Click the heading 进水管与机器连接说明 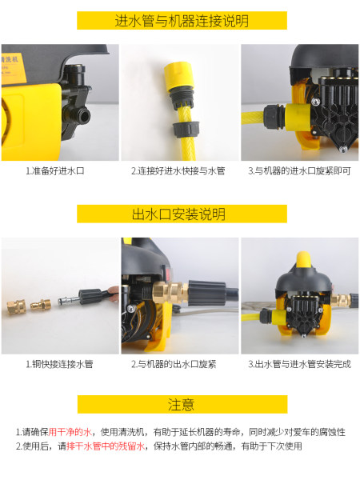tap(182, 21)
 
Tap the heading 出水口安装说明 tap(178, 214)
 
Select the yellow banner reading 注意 tap(182, 404)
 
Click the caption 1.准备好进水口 tap(54, 171)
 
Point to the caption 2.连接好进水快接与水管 tap(178, 171)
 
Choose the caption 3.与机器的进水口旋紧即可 tap(299, 171)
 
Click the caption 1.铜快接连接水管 tap(59, 364)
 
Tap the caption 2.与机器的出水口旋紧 tap(174, 364)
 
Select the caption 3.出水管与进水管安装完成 tap(299, 364)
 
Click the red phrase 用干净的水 tap(70, 432)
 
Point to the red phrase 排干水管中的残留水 tap(106, 446)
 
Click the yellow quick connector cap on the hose tap(178, 74)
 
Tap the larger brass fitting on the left tap(17, 306)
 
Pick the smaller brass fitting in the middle tap(41, 304)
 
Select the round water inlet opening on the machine tap(82, 114)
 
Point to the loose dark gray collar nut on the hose tap(186, 129)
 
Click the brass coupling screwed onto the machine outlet tap(170, 293)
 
